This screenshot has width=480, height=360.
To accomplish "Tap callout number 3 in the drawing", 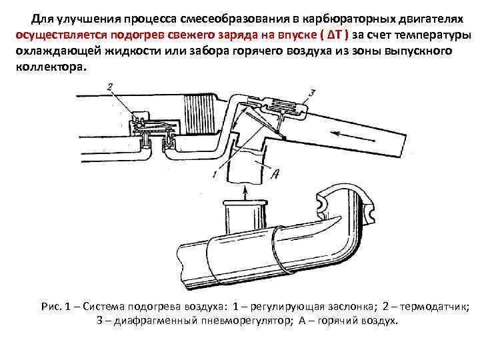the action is (x=311, y=91).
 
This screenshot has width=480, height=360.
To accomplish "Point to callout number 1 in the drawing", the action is (x=213, y=174).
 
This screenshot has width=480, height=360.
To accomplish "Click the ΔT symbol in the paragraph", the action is (x=333, y=35).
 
